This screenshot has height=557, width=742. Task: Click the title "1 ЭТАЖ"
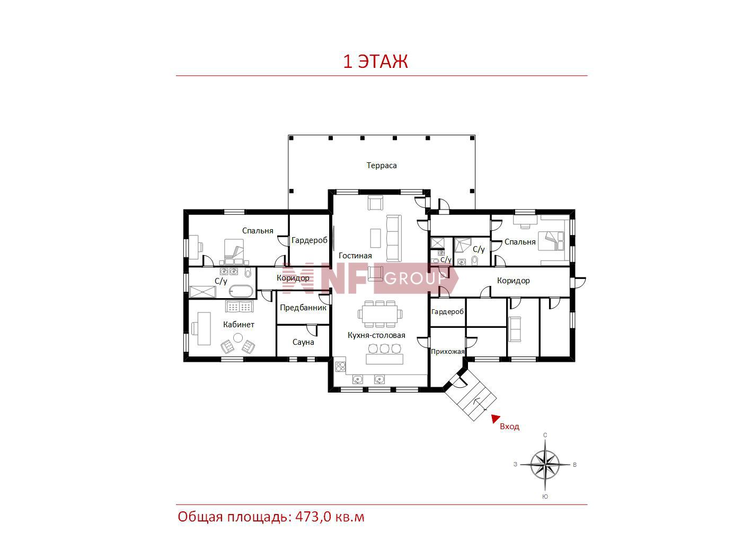[375, 61]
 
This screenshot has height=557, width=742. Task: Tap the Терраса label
[381, 166]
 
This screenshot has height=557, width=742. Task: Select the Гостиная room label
[355, 256]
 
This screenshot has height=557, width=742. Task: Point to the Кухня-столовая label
[376, 335]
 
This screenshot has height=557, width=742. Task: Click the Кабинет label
[238, 324]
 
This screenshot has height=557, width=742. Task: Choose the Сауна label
[303, 342]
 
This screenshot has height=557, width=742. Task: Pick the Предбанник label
[303, 308]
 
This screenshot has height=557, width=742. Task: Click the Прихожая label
[447, 351]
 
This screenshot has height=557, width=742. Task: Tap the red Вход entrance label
[509, 427]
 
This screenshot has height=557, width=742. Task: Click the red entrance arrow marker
[495, 419]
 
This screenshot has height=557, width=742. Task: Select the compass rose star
[545, 465]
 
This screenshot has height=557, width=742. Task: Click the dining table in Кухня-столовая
[379, 314]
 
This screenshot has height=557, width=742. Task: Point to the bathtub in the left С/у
[241, 291]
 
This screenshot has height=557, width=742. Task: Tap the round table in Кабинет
[238, 337]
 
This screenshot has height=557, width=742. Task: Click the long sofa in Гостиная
[394, 238]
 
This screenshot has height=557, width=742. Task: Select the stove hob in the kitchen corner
[340, 366]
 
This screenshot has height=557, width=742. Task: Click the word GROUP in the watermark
[415, 278]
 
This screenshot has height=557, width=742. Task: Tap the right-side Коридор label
[513, 281]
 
